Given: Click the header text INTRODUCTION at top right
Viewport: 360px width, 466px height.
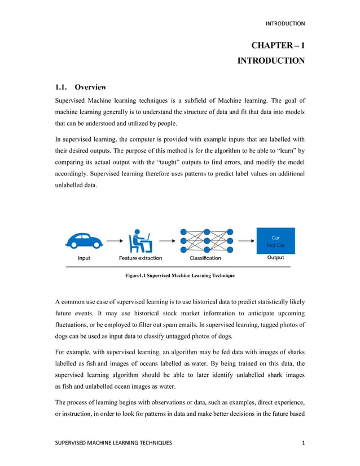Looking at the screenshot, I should pos(285,24).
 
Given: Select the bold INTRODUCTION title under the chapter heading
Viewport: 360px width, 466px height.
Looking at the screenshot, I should pos(271,60).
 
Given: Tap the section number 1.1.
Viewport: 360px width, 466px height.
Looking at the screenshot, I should pos(61,87).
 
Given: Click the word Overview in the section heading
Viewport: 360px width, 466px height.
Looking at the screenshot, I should pos(90,87).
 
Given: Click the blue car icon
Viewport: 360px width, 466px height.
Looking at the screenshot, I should pos(84,240).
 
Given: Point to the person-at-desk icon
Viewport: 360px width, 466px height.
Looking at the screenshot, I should pos(140,240).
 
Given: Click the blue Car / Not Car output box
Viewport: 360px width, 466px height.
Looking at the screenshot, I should pos(275,241).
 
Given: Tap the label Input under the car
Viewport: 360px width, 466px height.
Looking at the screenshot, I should pos(84,258).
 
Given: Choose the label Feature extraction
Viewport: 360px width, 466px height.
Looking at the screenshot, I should pos(140,258).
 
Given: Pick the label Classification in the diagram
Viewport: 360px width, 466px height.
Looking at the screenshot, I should pos(205,258).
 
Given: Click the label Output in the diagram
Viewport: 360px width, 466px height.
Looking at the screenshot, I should pos(275,258).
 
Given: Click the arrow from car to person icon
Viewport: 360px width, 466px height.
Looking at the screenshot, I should pos(113,241).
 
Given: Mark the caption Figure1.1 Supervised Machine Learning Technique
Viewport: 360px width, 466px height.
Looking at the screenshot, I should pos(179,276).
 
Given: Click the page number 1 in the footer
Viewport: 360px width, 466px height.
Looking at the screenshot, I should pos(302,443).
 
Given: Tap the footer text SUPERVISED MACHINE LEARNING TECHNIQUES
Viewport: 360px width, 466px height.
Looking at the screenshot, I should pos(113,443).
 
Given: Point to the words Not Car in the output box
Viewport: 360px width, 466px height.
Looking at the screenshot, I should pos(275,245).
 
